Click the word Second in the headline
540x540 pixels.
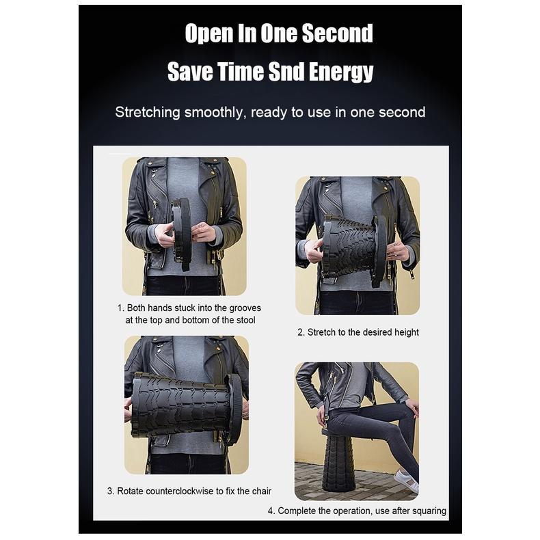337,33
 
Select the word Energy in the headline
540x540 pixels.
341,72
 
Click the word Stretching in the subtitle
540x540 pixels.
148,112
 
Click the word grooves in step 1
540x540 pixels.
245,308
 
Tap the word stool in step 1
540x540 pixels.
246,320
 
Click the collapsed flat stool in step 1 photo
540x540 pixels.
182,233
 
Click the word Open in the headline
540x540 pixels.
208,34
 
